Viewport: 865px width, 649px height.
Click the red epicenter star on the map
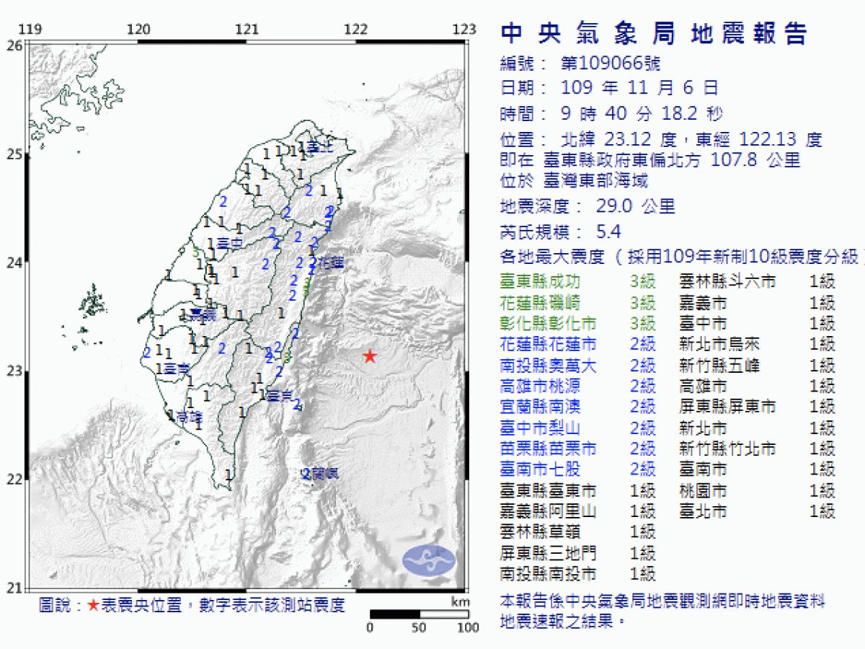point(370,356)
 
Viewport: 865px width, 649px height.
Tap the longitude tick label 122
point(356,30)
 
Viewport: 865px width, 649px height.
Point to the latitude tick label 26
point(14,45)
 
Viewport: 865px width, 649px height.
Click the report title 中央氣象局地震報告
point(654,34)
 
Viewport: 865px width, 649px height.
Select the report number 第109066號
point(610,63)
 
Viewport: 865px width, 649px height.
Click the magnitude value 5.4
point(608,231)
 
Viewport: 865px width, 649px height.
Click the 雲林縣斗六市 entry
point(727,281)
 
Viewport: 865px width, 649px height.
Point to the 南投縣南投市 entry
point(549,574)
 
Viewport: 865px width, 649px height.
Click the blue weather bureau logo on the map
point(430,560)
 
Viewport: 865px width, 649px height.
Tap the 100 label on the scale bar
point(468,627)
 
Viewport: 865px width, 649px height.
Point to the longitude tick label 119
point(28,30)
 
